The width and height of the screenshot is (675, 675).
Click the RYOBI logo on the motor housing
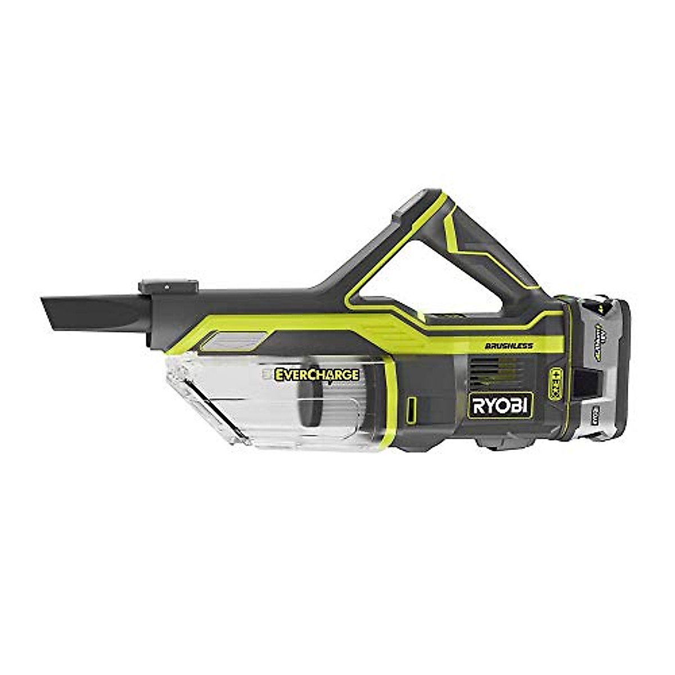pos(500,405)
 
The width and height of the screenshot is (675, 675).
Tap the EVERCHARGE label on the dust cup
pos(317,374)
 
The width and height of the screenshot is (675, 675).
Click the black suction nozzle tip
pos(90,312)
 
